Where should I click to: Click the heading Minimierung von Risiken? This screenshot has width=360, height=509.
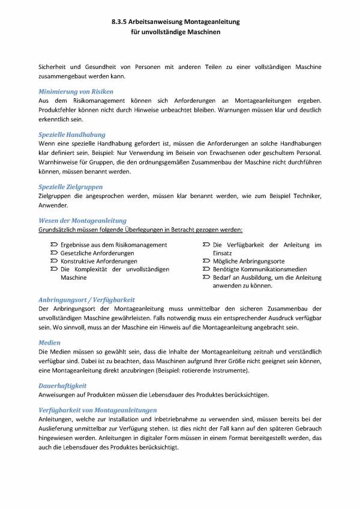[73, 91]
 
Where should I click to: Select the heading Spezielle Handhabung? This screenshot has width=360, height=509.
[71, 135]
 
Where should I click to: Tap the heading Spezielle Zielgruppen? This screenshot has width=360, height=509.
[70, 187]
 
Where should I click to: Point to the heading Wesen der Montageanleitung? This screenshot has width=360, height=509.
[82, 221]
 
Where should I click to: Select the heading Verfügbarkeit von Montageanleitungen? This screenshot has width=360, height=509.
[97, 410]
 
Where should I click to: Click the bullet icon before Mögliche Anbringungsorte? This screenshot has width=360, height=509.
[206, 262]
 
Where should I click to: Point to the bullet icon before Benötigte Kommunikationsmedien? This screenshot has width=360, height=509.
[206, 270]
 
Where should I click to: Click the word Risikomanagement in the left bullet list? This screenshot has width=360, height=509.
[142, 245]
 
